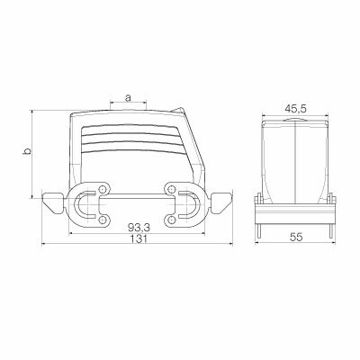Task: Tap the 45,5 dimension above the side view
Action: [x=295, y=108]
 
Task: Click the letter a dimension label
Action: [x=130, y=96]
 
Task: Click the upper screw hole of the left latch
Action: [x=104, y=190]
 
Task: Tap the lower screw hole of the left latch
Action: [x=104, y=220]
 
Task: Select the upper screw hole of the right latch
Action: [x=171, y=190]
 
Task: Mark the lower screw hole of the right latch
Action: [x=171, y=220]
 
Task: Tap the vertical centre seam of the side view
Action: [x=295, y=162]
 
